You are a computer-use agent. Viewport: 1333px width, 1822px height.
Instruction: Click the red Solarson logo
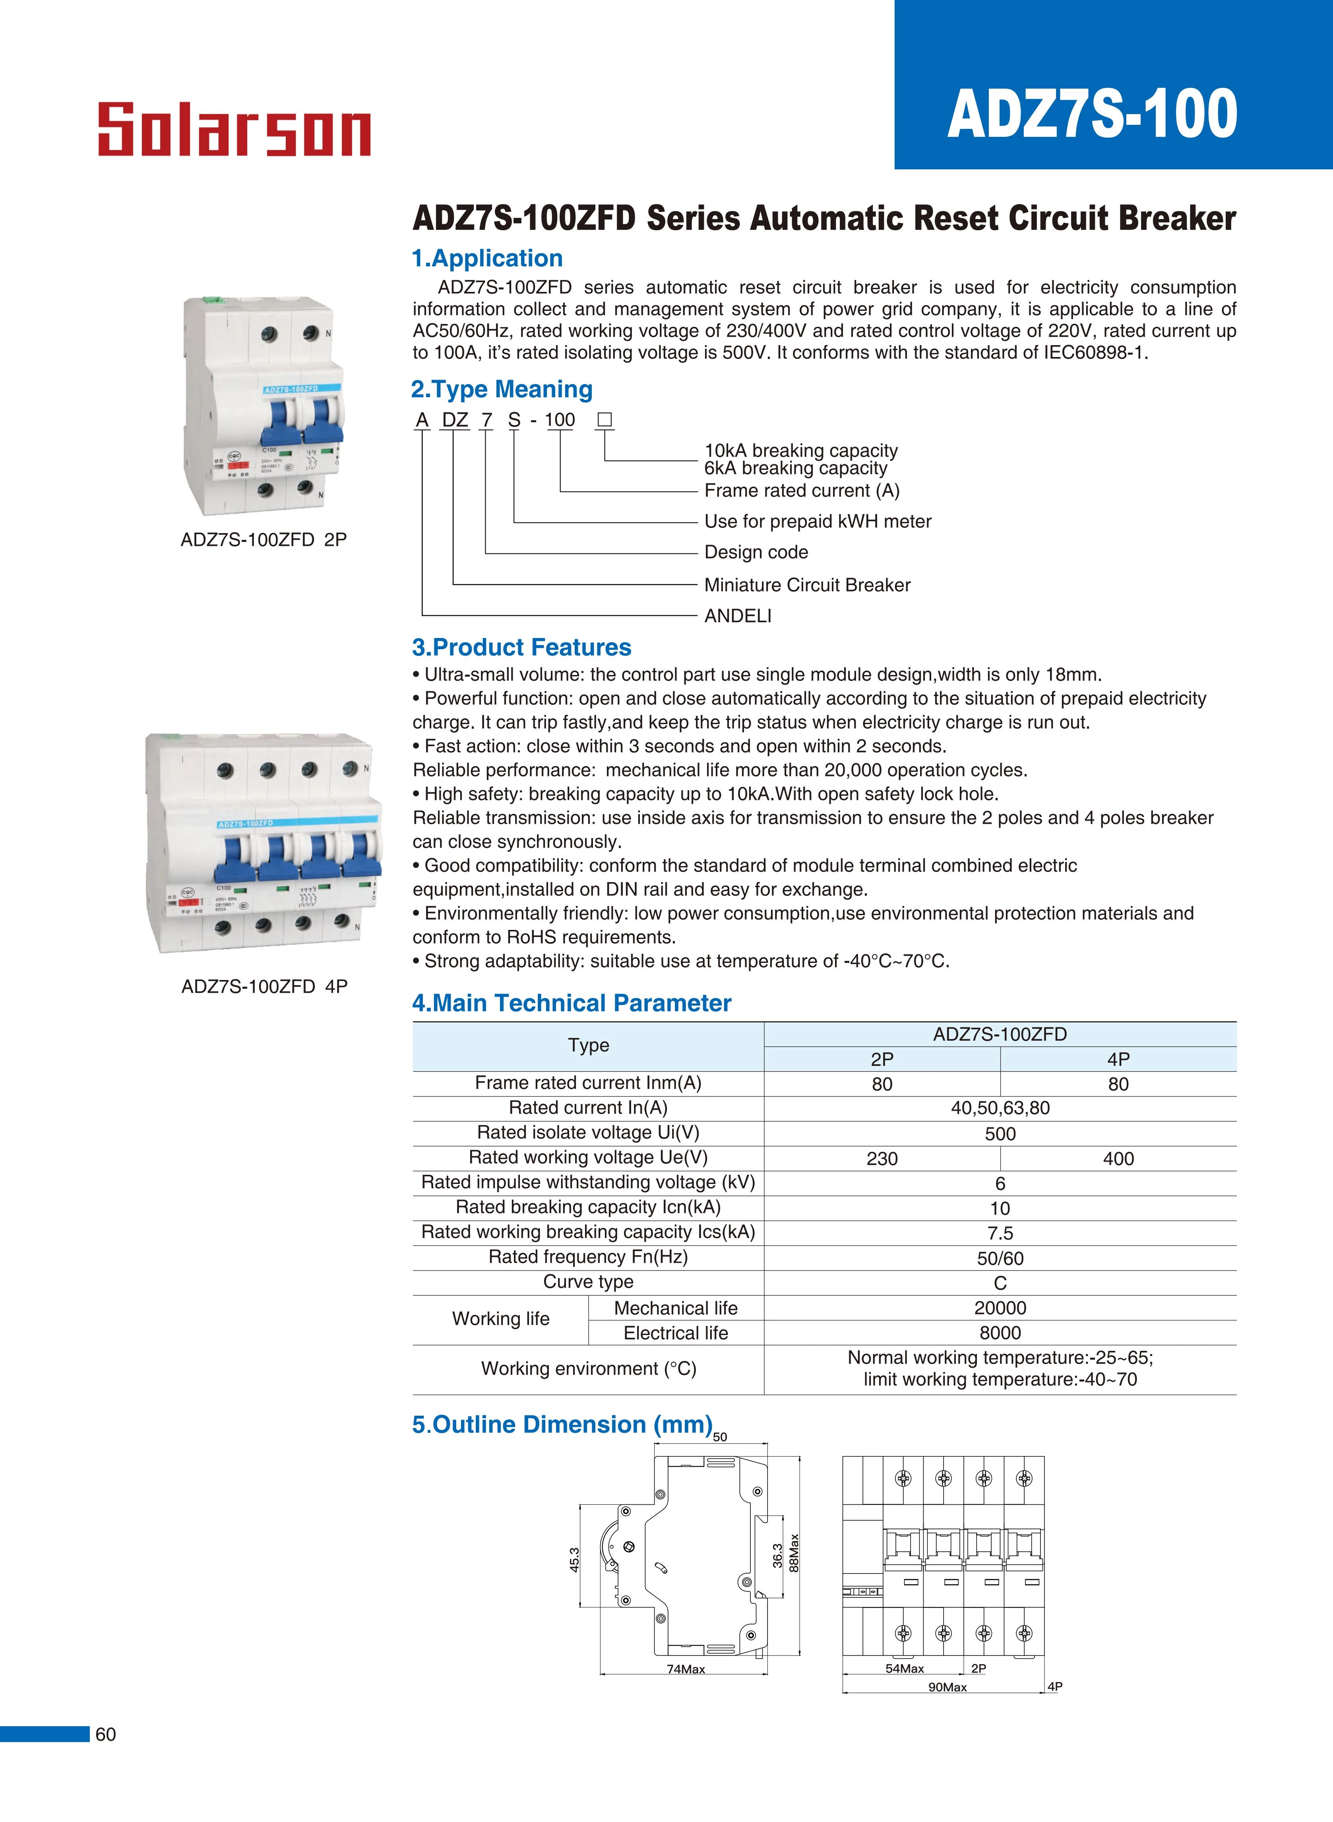[x=234, y=129]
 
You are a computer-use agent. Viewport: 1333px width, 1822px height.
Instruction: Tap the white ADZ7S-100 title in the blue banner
[x=1092, y=114]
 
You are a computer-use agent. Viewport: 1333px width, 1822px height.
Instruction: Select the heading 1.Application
[x=487, y=258]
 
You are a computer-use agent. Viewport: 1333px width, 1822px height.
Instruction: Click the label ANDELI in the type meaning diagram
[x=738, y=616]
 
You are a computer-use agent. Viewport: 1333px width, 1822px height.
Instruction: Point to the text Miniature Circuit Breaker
[x=807, y=585]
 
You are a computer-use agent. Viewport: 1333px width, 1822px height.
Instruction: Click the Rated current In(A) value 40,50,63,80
[x=1000, y=1108]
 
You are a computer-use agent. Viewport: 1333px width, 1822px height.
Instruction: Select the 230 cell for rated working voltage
[x=882, y=1159]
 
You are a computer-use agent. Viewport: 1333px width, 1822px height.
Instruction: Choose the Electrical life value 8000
[x=1000, y=1333]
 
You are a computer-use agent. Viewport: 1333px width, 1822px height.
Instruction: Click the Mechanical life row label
[x=675, y=1308]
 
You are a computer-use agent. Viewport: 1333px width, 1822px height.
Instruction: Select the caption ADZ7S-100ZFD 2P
[x=264, y=540]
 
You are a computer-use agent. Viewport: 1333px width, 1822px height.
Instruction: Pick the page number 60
[x=106, y=1734]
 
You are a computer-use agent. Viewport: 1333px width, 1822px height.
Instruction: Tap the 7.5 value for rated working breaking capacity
[x=1000, y=1233]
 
